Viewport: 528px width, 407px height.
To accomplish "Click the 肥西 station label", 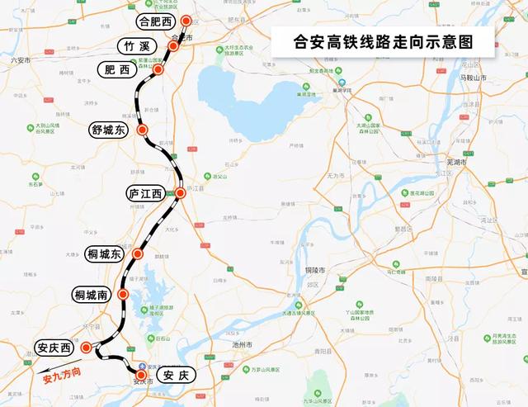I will pos(117,71).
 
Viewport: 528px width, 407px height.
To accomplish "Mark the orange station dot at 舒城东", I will pos(143,130).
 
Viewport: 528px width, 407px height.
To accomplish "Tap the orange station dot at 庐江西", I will pos(180,192).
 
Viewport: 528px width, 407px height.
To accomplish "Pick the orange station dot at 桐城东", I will pos(138,255).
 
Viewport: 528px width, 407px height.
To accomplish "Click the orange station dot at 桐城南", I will pos(123,294).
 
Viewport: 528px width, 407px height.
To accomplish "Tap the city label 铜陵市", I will pos(318,271).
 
